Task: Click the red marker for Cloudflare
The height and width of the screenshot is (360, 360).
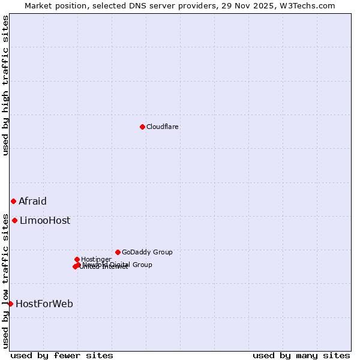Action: click(x=142, y=127)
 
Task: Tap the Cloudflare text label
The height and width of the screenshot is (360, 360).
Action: click(x=163, y=127)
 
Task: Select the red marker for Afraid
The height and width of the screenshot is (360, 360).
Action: click(x=13, y=201)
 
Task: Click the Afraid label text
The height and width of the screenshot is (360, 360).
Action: click(x=32, y=202)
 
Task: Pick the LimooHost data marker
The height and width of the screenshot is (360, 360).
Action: click(x=14, y=220)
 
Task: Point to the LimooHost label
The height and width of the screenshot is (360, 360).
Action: click(x=45, y=221)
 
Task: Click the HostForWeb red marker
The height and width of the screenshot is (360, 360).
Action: click(x=10, y=304)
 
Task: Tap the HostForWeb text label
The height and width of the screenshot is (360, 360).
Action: click(x=44, y=304)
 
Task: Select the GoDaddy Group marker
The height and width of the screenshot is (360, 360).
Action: click(x=118, y=252)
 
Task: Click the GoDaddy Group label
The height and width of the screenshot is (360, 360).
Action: click(x=147, y=253)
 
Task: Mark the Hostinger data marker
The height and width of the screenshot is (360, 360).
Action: click(x=77, y=259)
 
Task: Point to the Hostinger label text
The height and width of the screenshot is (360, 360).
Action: click(x=96, y=260)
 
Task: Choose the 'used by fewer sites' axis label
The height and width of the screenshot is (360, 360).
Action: click(x=62, y=356)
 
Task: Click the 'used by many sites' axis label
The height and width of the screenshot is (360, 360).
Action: click(x=301, y=356)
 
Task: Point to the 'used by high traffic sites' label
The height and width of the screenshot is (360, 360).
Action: click(x=5, y=85)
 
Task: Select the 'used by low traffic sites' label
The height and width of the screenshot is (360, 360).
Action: click(x=5, y=281)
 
